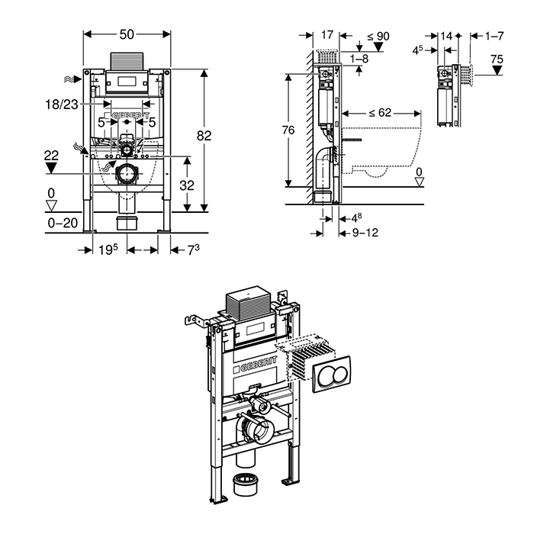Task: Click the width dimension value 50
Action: coord(127,34)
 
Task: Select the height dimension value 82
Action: coord(204,135)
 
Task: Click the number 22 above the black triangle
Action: coord(51,156)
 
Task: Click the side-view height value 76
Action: coord(288,130)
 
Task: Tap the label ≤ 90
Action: coord(378,35)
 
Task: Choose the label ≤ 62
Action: coord(379,112)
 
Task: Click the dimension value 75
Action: coord(497,59)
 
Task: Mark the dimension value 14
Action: coord(446,35)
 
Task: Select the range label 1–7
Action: coord(495,35)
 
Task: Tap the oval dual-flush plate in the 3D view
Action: coord(333,373)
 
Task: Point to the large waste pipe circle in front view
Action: coord(125,175)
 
